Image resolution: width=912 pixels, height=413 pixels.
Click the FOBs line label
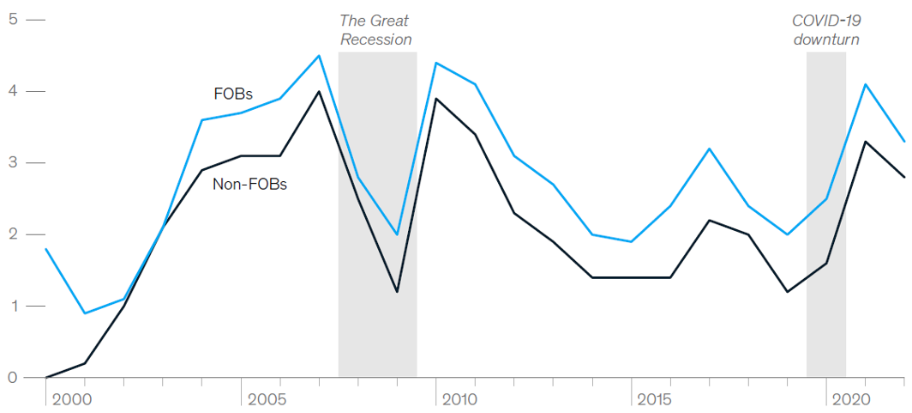233,94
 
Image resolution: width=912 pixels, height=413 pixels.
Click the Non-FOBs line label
249,183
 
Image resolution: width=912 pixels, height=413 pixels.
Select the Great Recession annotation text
375,29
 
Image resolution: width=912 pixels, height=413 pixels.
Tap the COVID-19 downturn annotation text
826,29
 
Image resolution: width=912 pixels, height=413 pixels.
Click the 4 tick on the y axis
13,91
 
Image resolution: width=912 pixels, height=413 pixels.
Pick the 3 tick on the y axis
13,163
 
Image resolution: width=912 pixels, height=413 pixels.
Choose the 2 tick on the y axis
13,234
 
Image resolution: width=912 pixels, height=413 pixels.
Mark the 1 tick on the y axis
13,307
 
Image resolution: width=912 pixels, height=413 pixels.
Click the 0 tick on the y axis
13,378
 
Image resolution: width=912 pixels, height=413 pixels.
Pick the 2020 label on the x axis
849,399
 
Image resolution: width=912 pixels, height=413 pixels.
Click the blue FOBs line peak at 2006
319,56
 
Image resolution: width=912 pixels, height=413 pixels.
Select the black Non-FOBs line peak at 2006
319,91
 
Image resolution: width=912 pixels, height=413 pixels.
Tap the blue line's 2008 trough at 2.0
397,234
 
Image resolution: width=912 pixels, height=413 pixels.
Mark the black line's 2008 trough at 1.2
397,292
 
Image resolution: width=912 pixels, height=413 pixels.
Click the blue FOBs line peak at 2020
866,84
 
